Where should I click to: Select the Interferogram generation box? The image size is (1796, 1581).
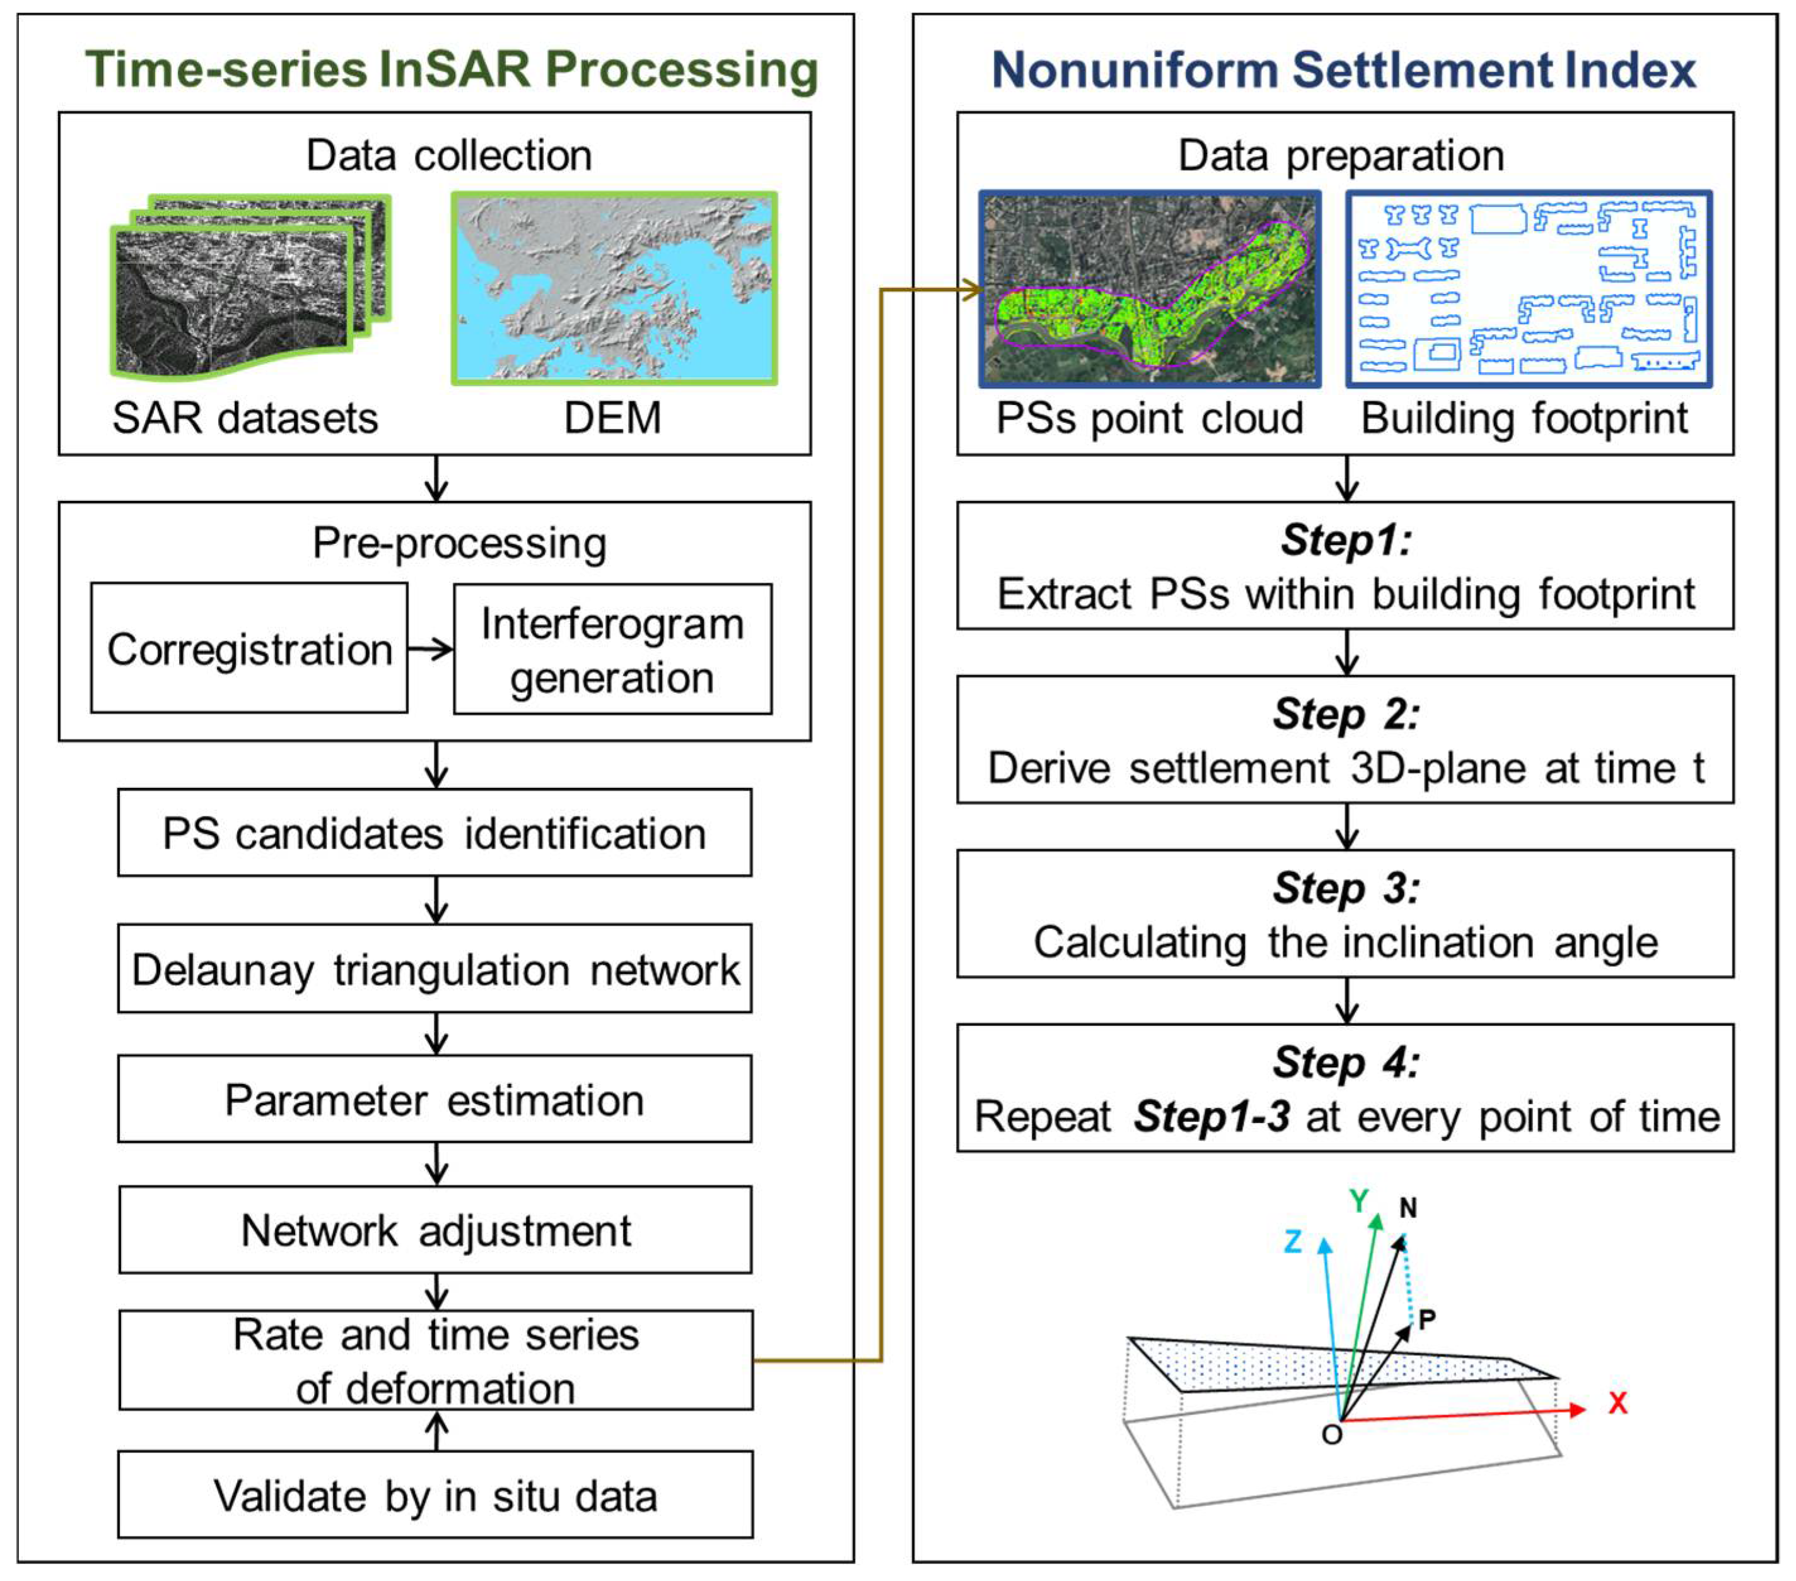[x=612, y=649]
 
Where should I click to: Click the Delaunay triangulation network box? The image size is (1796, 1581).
[x=435, y=968]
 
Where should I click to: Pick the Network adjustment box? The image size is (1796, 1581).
[x=435, y=1230]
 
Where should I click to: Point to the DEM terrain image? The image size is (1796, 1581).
[x=614, y=288]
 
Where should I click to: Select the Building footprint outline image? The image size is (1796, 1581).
[x=1528, y=288]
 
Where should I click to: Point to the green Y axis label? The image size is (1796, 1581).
[x=1358, y=1201]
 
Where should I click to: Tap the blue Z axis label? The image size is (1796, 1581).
[x=1293, y=1242]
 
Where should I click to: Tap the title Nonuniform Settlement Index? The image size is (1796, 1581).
[x=1343, y=69]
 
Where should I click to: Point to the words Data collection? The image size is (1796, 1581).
[x=449, y=156]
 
